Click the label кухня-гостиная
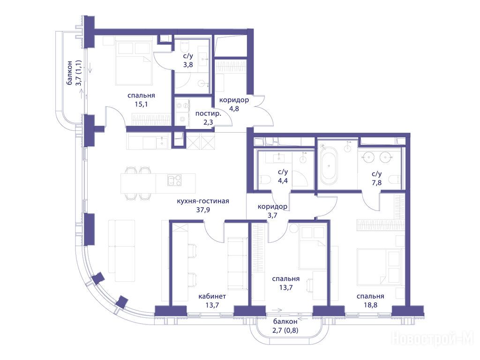click(203, 201)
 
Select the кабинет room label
click(212, 296)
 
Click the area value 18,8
click(370, 305)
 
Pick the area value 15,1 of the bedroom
click(141, 104)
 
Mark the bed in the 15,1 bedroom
click(135, 63)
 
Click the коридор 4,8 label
click(234, 104)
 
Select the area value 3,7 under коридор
click(272, 215)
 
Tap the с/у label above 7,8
click(377, 174)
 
